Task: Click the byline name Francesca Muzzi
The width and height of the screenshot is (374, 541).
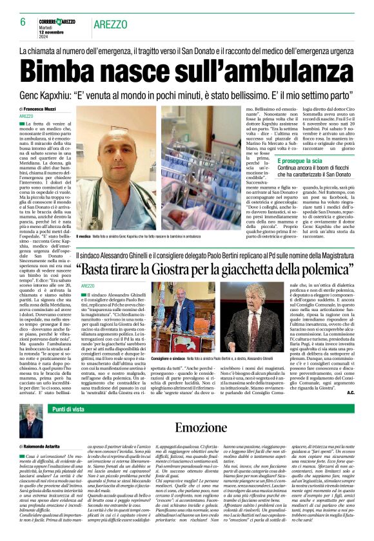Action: [x=44, y=109]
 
